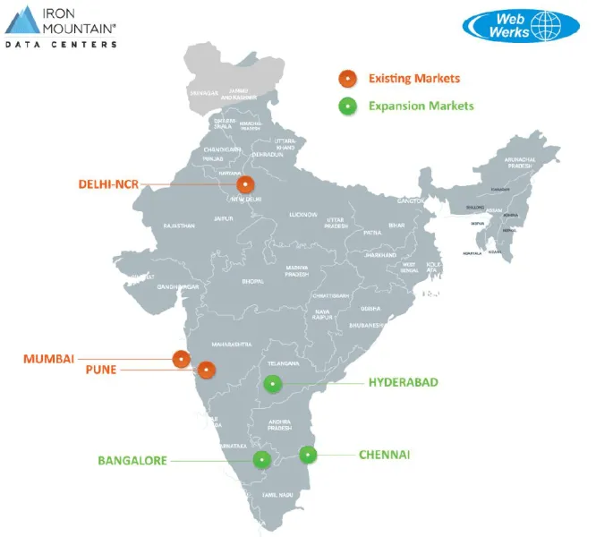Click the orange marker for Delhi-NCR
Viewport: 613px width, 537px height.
click(x=244, y=184)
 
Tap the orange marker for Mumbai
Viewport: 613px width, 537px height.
click(x=182, y=359)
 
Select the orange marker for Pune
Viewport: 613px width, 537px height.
click(x=207, y=369)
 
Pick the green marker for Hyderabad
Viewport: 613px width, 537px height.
click(x=273, y=384)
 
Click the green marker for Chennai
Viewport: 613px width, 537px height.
click(x=308, y=455)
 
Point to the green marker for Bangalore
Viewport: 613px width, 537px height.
click(x=261, y=460)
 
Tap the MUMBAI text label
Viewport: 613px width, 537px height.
click(x=48, y=359)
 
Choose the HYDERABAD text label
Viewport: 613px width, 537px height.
click(x=404, y=382)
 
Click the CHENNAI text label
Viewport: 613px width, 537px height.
click(x=385, y=455)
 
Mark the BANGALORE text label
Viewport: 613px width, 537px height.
click(x=132, y=460)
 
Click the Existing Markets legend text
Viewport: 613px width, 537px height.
click(x=413, y=78)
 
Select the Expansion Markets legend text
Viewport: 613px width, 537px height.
click(x=421, y=106)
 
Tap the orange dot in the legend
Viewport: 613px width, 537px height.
click(x=345, y=78)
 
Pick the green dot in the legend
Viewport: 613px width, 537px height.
click(x=345, y=106)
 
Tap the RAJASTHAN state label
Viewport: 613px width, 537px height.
click(x=179, y=226)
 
